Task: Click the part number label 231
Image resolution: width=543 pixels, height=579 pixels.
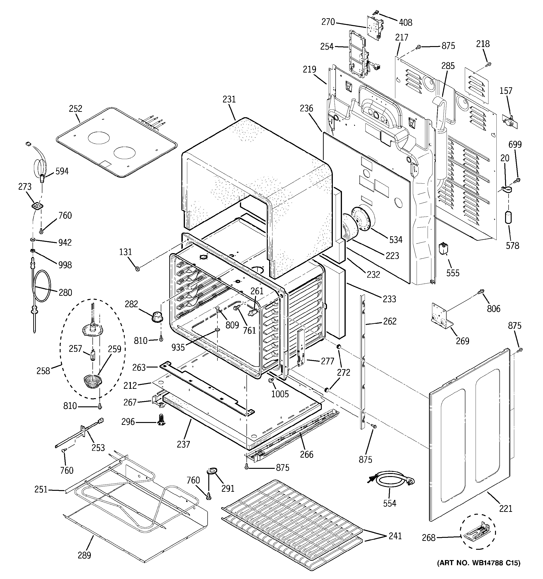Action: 229,99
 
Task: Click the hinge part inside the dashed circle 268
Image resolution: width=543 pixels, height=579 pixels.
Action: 476,535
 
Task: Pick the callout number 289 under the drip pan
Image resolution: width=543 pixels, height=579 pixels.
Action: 84,555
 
